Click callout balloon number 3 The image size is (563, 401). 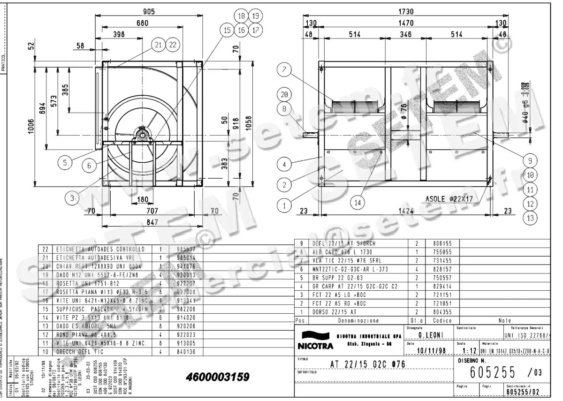click(x=72, y=198)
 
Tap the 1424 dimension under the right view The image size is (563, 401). click(x=406, y=211)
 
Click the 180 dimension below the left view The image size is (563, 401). click(x=142, y=199)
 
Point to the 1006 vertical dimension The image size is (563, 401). click(x=31, y=125)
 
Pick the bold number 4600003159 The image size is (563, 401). click(x=217, y=377)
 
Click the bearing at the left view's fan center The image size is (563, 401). click(x=142, y=136)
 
